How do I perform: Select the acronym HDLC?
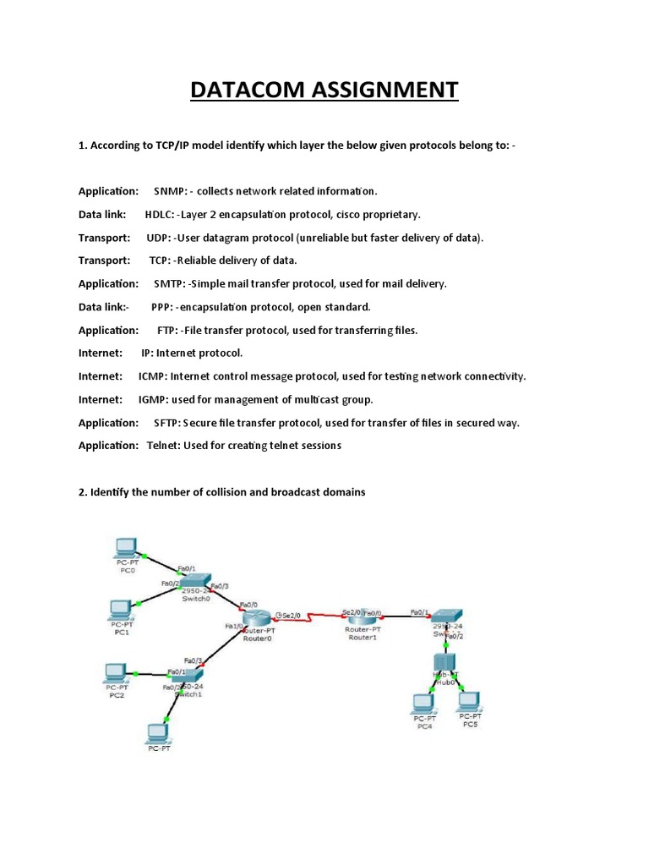161,215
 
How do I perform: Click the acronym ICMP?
153,375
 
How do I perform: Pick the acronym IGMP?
153,399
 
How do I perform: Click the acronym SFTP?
167,422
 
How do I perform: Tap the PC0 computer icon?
128,547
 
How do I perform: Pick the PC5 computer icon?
468,701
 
